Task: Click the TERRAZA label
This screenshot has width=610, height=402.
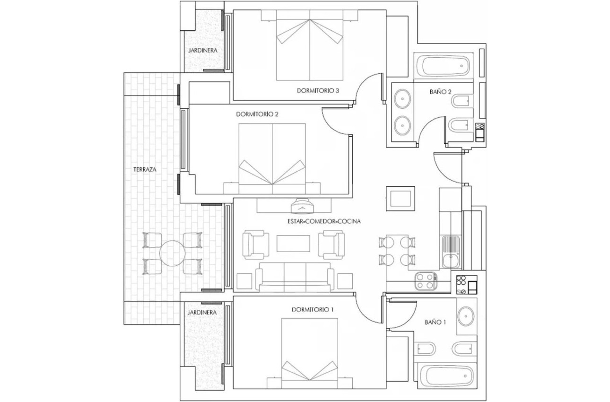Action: tap(145, 169)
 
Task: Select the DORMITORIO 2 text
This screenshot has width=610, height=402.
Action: tap(257, 114)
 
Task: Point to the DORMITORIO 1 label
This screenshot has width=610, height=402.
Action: tap(313, 310)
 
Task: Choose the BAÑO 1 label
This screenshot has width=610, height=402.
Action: tap(435, 322)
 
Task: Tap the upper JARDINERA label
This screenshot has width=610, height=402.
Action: tap(202, 50)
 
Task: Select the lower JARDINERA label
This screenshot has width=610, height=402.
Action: tap(202, 313)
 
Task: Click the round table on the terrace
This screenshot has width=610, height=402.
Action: tap(172, 254)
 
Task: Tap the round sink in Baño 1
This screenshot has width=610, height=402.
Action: tap(467, 315)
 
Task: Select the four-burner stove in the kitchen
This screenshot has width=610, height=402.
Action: tap(425, 282)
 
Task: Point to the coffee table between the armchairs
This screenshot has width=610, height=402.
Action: tap(292, 244)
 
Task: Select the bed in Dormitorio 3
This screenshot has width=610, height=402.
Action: tap(309, 50)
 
